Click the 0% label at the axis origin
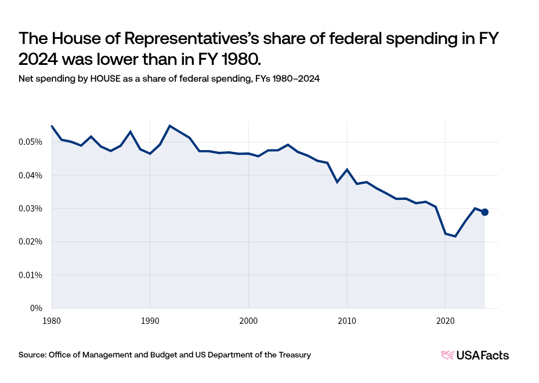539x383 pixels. coord(35,308)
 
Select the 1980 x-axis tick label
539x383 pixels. coord(52,320)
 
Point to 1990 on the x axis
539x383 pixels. coord(150,320)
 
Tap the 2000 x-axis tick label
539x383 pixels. coord(248,320)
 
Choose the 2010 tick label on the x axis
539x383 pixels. coord(347,320)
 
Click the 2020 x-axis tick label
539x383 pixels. coord(445,320)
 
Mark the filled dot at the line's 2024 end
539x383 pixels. coord(484,212)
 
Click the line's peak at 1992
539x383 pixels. coord(169,126)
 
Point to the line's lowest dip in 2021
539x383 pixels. coord(455,236)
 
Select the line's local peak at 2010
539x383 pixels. coord(347,169)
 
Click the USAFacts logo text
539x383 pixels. coord(483,355)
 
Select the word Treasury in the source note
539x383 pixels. coord(295,355)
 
